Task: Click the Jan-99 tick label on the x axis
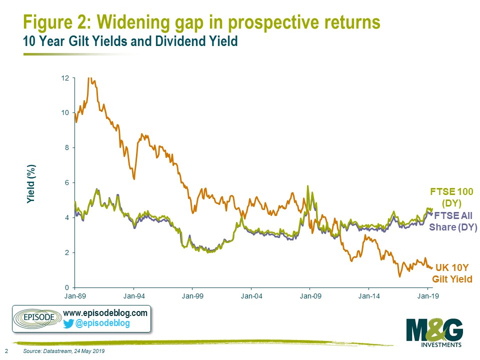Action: click(x=192, y=296)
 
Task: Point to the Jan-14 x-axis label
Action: click(x=369, y=296)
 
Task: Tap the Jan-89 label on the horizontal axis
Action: click(x=75, y=296)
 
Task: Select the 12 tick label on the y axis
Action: click(x=65, y=78)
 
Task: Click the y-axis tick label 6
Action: click(x=67, y=183)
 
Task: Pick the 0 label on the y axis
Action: click(x=67, y=288)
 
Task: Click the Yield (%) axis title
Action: click(x=31, y=183)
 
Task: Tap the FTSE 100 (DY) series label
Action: click(x=451, y=197)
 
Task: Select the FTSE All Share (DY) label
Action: click(x=453, y=221)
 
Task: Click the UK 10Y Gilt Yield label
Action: click(x=452, y=273)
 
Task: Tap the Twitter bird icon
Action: click(x=68, y=323)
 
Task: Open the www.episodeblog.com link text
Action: click(x=105, y=313)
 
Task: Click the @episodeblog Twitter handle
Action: click(x=102, y=323)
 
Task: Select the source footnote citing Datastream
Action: click(x=64, y=351)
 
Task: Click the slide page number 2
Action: click(x=6, y=351)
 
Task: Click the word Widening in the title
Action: click(x=133, y=22)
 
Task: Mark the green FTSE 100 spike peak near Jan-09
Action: click(x=307, y=186)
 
